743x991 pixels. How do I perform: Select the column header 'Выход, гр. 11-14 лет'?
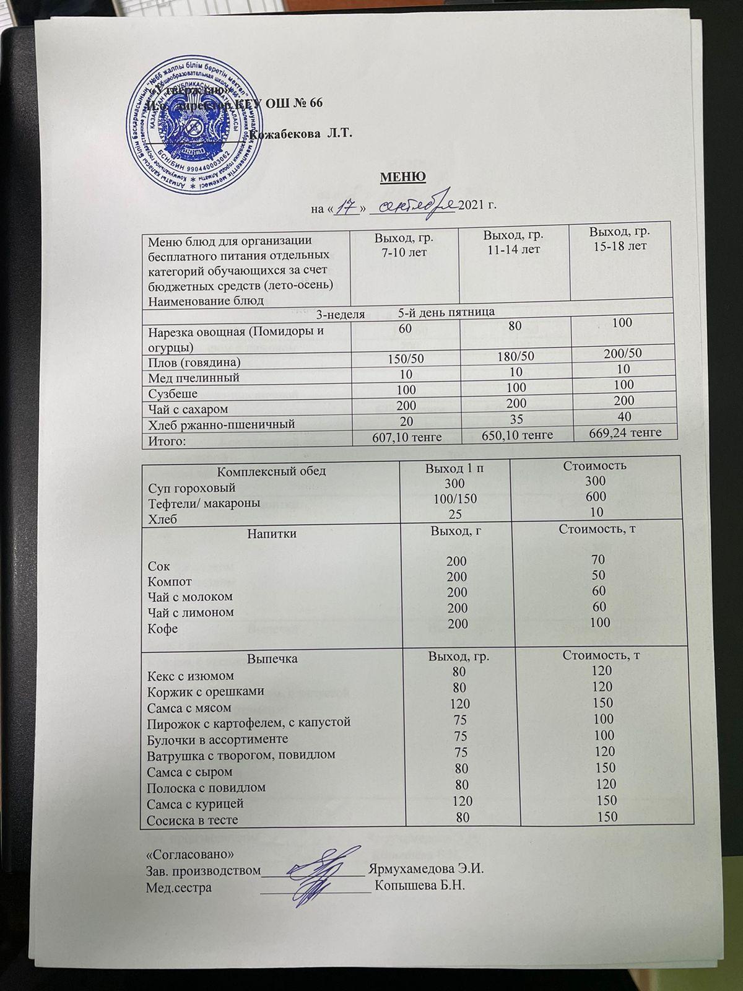[513, 242]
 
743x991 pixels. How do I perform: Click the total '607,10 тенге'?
[407, 437]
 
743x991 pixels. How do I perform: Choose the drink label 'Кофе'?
[162, 629]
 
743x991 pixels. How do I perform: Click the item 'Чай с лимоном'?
[190, 613]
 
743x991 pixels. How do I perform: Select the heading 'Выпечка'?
[272, 658]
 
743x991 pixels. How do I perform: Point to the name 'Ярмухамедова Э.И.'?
[425, 870]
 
